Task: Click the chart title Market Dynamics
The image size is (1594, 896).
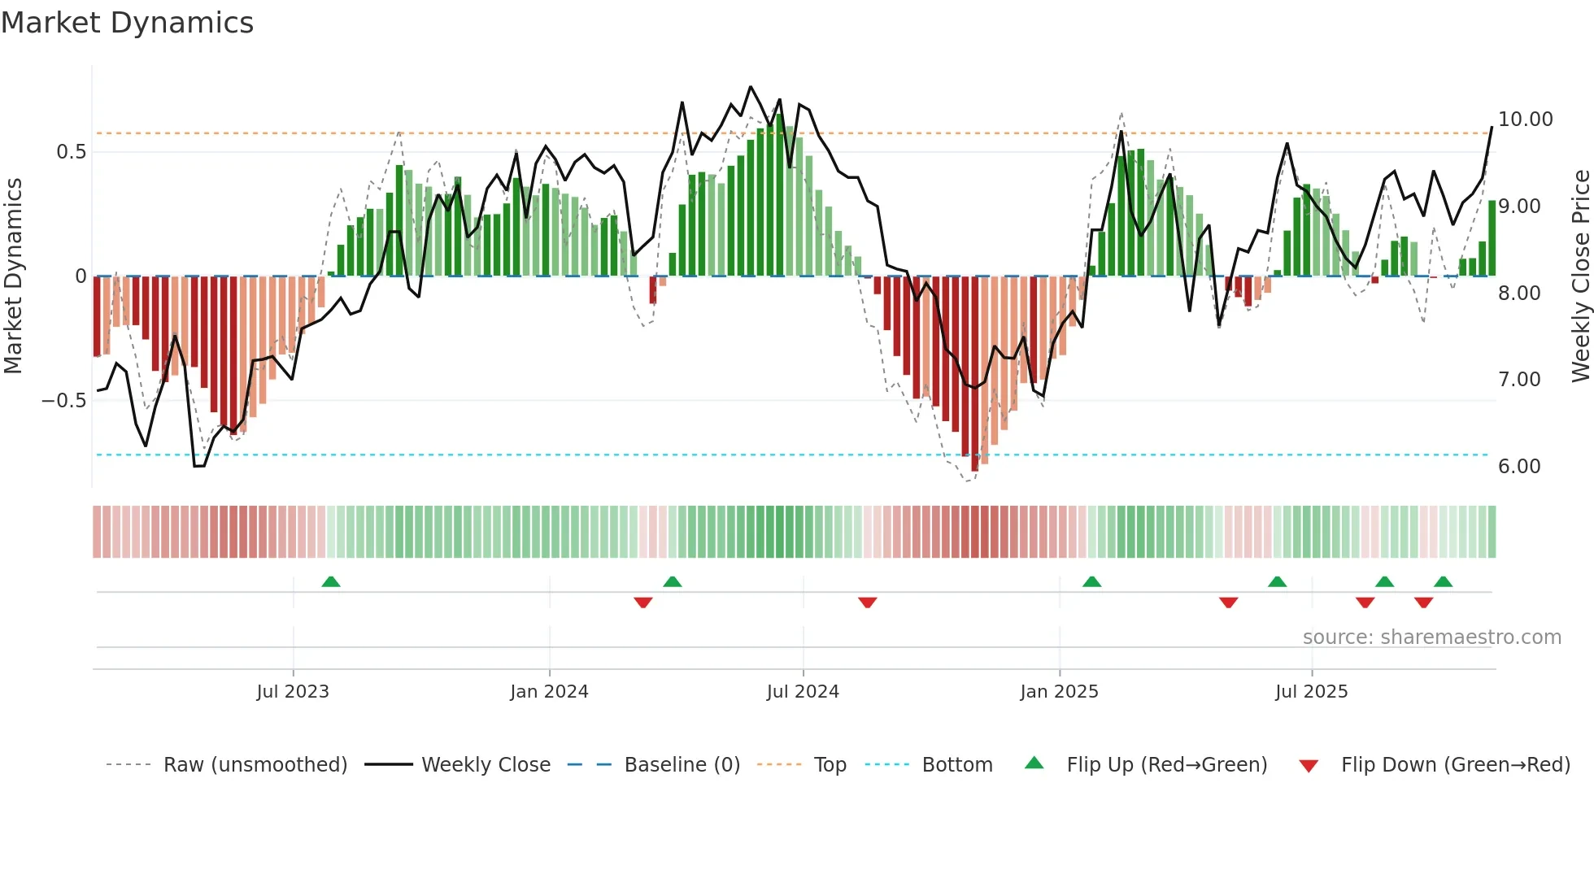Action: (127, 23)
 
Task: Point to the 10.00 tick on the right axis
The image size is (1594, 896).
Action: (1525, 120)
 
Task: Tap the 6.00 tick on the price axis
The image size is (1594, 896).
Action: (1518, 467)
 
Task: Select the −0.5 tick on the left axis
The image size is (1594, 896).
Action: (64, 401)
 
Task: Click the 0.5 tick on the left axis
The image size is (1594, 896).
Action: (71, 152)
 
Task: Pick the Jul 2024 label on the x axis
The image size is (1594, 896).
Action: (802, 692)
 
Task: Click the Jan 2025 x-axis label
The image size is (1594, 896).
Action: (1059, 692)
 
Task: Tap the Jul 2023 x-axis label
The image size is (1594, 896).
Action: (293, 692)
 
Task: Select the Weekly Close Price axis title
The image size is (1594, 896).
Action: (1580, 276)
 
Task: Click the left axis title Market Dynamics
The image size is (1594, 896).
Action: (13, 276)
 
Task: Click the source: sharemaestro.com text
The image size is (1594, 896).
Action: (1431, 637)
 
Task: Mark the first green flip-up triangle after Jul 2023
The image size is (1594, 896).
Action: (330, 582)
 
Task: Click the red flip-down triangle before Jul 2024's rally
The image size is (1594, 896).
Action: (642, 602)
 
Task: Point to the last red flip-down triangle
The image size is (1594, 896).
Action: (1423, 602)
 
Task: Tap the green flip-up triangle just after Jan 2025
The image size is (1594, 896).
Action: (1091, 582)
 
